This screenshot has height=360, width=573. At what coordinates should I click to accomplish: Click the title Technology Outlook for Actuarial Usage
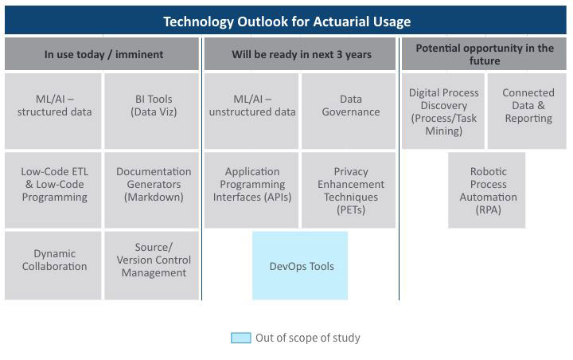(286, 22)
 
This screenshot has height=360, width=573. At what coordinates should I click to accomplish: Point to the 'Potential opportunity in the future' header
(484, 54)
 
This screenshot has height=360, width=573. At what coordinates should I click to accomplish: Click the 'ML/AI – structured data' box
(53, 111)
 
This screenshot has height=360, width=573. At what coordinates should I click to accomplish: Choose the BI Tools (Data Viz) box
(152, 111)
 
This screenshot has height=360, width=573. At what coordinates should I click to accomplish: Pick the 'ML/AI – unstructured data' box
(251, 111)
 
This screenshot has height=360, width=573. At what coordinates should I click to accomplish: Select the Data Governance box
(349, 111)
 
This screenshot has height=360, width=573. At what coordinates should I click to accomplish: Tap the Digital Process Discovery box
(443, 111)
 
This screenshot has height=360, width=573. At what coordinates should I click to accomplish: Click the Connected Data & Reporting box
(527, 111)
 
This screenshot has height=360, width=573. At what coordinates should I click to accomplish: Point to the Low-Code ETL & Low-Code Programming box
(53, 190)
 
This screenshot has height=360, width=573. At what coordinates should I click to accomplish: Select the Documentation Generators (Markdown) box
(152, 190)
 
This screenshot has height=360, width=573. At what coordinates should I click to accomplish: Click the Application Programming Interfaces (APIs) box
(251, 190)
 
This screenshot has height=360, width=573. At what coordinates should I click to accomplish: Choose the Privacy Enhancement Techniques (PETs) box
(349, 190)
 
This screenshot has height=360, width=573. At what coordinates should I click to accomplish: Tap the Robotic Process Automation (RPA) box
(487, 190)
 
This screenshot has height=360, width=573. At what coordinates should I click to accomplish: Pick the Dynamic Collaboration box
(53, 265)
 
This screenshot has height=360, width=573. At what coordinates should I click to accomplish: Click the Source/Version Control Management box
(152, 265)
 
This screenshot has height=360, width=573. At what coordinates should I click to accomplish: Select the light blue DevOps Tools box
(300, 265)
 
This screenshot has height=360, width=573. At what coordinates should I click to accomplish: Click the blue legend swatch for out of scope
(241, 338)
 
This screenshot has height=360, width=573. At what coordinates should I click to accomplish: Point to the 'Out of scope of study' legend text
(308, 338)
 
